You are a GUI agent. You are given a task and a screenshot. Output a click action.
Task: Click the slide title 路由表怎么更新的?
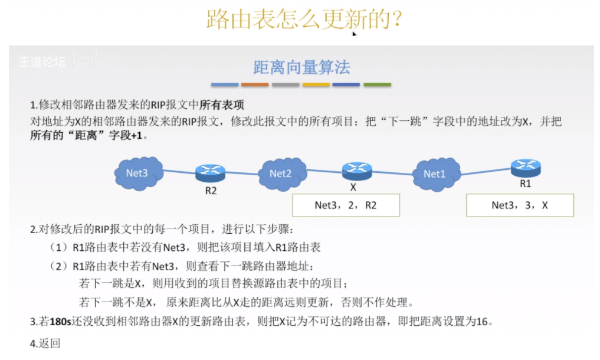tap(304, 19)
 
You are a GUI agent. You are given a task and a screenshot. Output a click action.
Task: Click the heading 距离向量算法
tap(301, 67)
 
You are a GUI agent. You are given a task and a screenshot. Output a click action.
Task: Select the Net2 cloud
tap(281, 173)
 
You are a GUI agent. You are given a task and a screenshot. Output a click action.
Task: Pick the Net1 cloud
tap(434, 174)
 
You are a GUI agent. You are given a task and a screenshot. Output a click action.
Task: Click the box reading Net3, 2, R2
tap(346, 205)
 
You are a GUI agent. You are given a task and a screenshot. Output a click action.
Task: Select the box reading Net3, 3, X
tap(520, 205)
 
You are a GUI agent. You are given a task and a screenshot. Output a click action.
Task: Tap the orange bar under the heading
tap(255, 85)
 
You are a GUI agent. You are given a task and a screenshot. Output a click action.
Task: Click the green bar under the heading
tap(377, 85)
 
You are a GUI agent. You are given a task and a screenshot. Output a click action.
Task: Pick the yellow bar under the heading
tap(316, 85)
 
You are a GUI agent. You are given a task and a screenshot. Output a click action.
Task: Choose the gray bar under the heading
tap(286, 85)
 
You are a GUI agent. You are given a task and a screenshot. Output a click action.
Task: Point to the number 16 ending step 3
tap(482, 322)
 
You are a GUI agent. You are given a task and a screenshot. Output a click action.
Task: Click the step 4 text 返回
tap(50, 343)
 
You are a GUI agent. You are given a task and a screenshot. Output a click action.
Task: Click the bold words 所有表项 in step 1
tap(222, 105)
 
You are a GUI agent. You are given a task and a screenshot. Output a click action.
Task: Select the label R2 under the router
tap(211, 191)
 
